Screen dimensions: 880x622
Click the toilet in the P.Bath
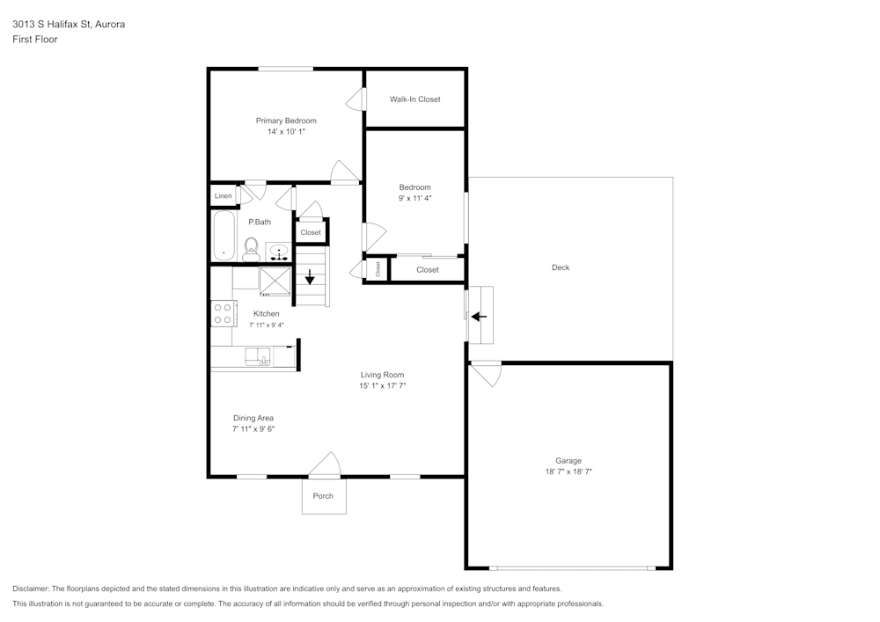[251, 250]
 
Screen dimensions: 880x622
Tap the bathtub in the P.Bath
[224, 236]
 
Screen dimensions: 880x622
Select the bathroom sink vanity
[278, 252]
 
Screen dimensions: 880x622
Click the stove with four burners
[223, 313]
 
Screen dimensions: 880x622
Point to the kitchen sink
[258, 357]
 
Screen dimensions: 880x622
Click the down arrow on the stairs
[310, 277]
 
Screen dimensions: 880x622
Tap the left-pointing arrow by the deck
[479, 317]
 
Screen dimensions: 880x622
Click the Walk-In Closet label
[415, 99]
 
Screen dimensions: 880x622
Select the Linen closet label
[223, 195]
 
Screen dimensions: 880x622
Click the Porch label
[323, 496]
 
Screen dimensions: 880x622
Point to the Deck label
[561, 267]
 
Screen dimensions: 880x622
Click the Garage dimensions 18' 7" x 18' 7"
[568, 472]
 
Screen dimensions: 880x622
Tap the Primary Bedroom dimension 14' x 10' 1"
[286, 132]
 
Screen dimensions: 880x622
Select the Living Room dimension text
[382, 386]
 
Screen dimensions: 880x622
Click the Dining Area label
[253, 418]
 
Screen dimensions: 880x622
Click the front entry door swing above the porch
[325, 465]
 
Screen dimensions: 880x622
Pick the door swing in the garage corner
[486, 374]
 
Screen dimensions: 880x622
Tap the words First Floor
[35, 40]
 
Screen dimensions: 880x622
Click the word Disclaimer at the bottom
[30, 589]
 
